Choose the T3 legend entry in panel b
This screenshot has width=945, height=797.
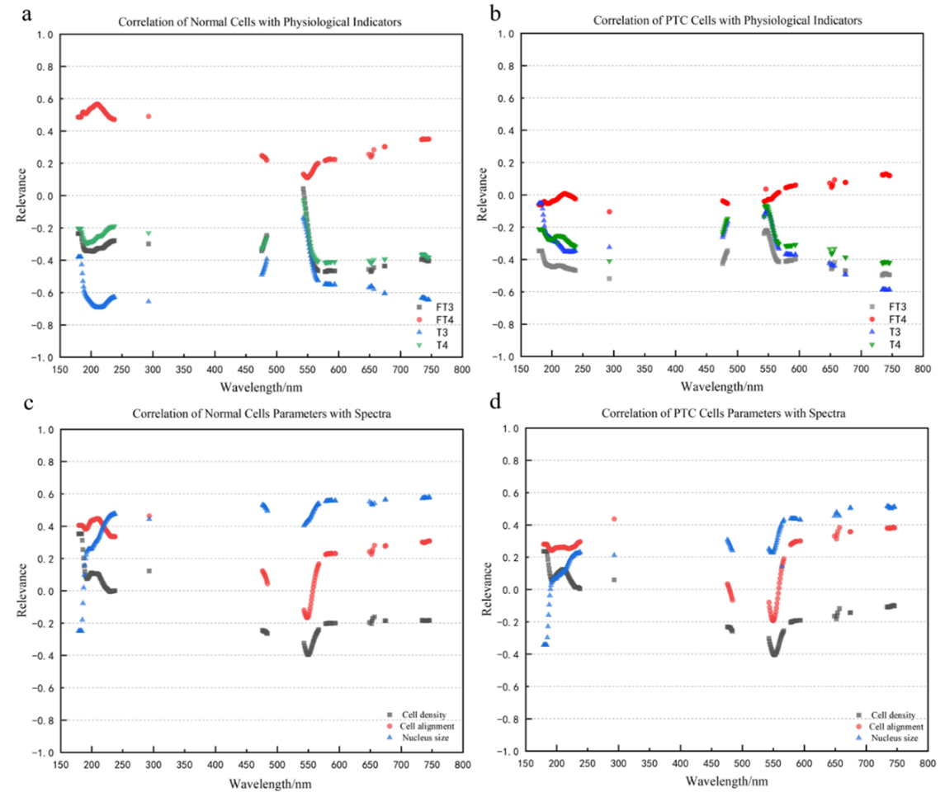tap(895, 331)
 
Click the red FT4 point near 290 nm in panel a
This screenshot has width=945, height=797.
tap(149, 116)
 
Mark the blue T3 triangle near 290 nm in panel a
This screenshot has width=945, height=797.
tap(149, 301)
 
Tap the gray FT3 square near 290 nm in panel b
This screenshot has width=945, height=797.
tap(610, 278)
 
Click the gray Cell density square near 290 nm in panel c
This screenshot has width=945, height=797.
tap(149, 571)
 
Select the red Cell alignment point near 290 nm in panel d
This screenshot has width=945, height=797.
tap(614, 519)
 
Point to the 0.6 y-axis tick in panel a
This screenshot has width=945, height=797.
tap(45, 99)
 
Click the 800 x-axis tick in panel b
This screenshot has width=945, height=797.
tap(924, 369)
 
